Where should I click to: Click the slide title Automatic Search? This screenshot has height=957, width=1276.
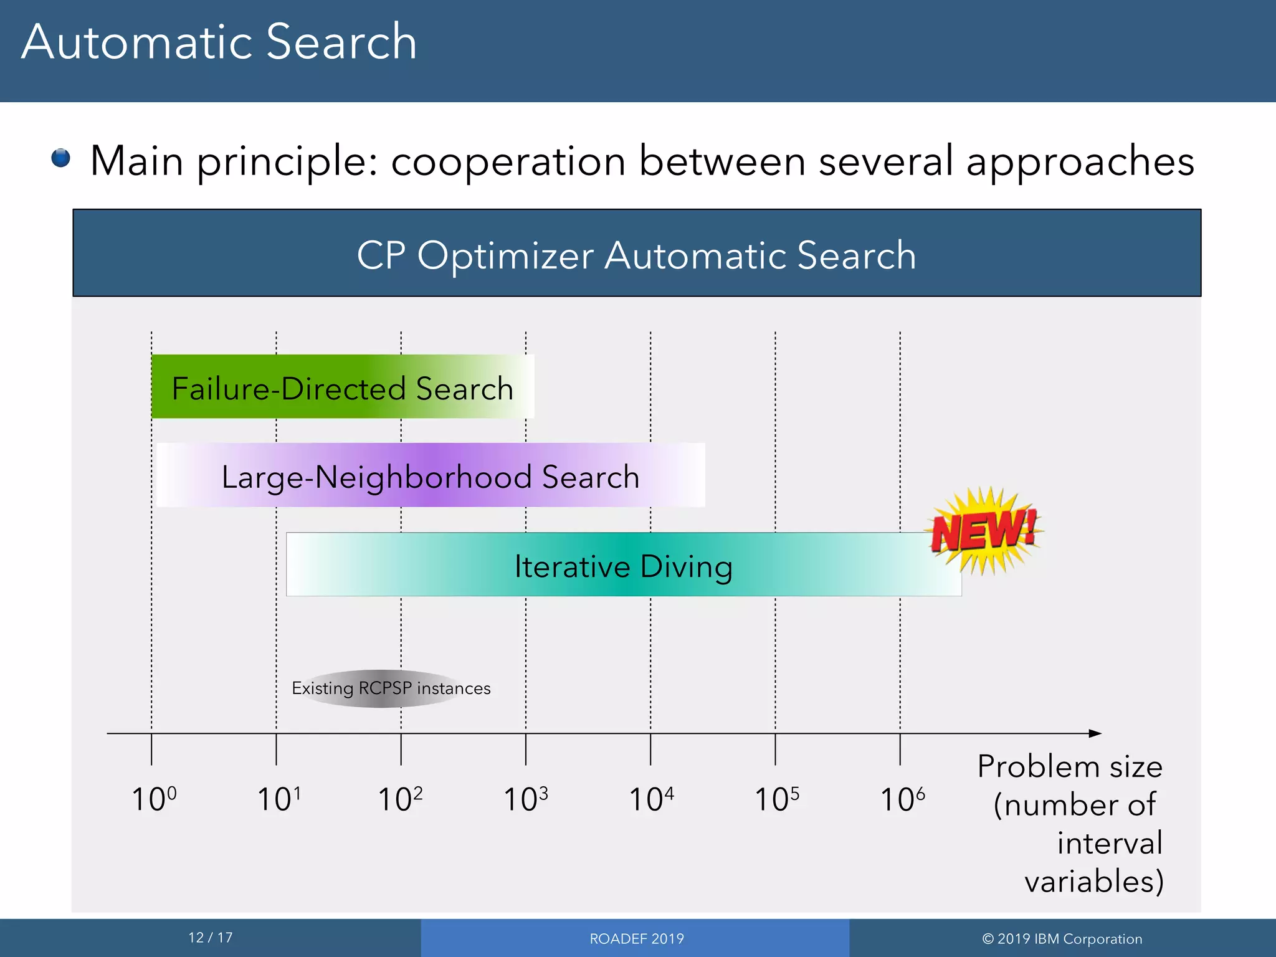219,42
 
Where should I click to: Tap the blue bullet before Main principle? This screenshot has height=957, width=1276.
61,158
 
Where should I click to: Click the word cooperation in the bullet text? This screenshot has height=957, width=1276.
508,161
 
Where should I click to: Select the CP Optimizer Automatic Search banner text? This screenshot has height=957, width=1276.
636,255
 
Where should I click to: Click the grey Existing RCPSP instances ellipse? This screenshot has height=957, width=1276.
391,688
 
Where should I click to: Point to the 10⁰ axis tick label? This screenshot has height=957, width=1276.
154,799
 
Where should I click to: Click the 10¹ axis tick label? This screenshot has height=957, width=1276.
279,799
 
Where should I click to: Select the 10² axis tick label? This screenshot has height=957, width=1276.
400,799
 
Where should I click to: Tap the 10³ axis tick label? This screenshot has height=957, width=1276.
525,799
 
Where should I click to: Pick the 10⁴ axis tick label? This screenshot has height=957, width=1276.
651,799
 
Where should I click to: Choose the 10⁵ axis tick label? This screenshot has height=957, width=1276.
776,799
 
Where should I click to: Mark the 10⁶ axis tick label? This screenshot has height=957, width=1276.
902,799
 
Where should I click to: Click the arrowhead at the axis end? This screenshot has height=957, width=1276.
1095,733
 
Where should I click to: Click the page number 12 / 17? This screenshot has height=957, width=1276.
211,938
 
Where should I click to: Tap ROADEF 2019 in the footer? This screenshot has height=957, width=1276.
636,939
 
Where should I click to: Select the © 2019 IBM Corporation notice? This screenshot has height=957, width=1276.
1062,939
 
